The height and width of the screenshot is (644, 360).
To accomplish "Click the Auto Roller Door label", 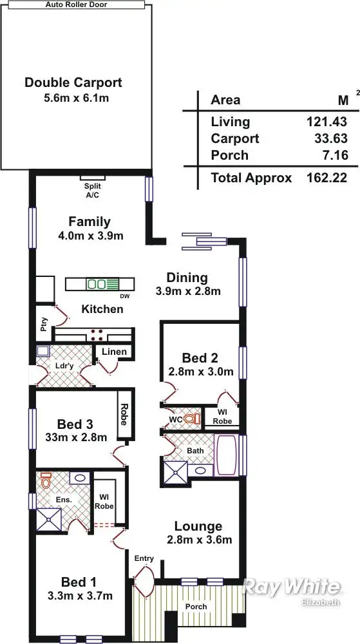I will coord(77,4).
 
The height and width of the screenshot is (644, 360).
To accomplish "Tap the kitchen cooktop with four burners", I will coord(98,334).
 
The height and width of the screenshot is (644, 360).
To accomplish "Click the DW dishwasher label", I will coord(124,297).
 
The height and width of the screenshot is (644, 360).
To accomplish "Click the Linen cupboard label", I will coord(114,352).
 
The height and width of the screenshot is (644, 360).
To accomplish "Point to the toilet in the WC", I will coord(189,418).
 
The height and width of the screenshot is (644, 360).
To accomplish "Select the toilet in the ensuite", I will coord(46,480).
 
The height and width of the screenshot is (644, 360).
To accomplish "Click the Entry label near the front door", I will coord(144,558).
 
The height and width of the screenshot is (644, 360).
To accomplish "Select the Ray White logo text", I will coord(290,587).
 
